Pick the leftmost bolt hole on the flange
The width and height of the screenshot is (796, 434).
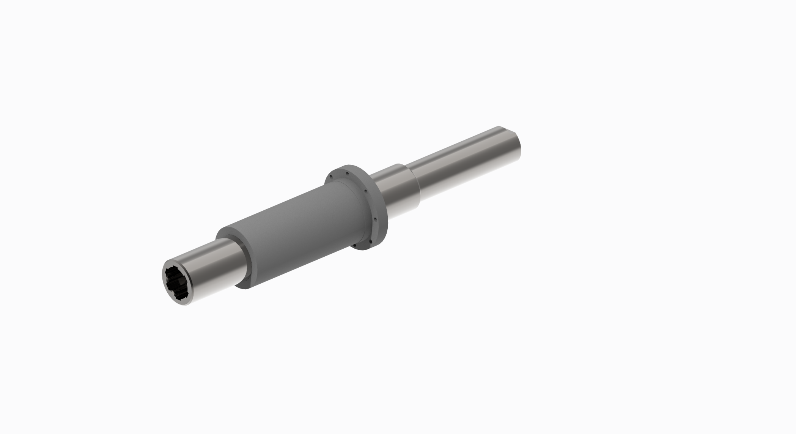click(x=331, y=176)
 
